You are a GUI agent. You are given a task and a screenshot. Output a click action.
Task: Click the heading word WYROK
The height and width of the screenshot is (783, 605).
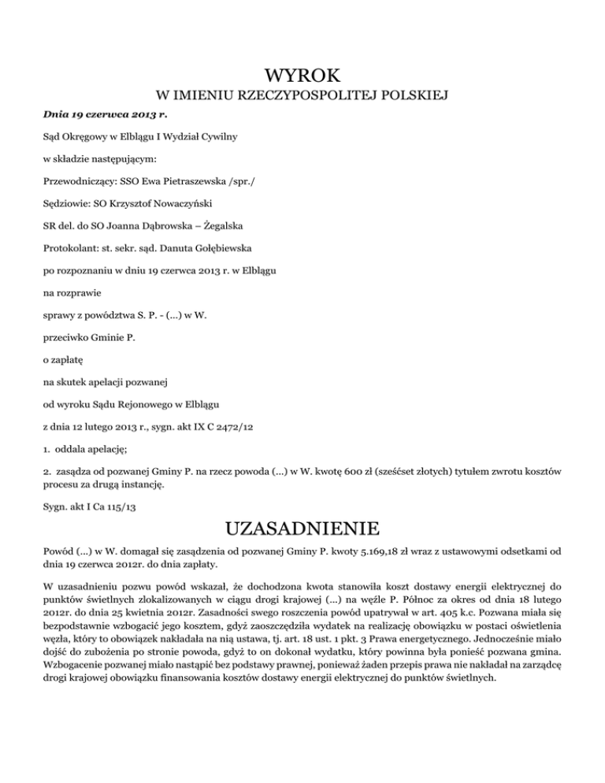point(302,76)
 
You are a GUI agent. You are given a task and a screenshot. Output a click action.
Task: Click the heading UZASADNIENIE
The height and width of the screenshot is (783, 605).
point(302,526)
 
